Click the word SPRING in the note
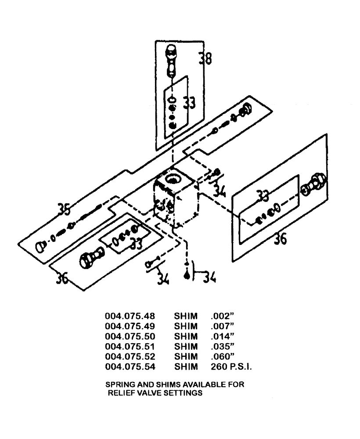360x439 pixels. tap(119, 385)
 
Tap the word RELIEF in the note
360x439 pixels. tap(120, 393)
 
